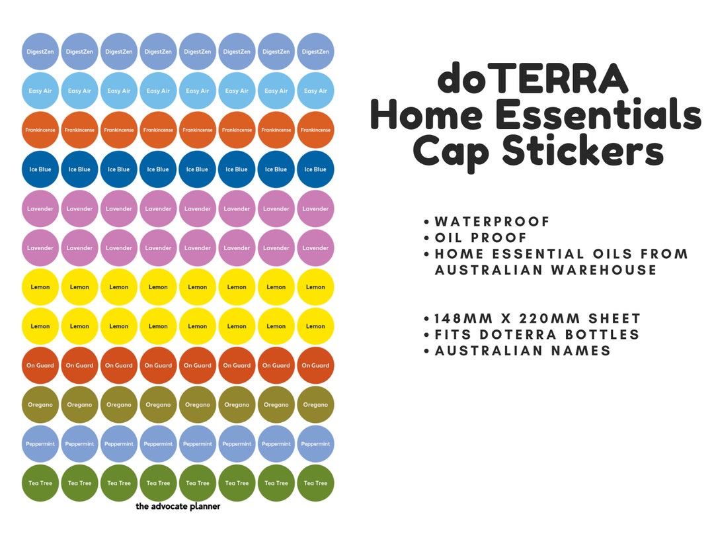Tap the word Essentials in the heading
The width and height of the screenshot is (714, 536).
(x=598, y=115)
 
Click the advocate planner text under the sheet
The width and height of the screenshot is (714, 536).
(x=178, y=506)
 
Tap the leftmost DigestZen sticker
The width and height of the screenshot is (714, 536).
(x=40, y=52)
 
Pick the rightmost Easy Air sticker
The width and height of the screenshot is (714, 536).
(x=315, y=91)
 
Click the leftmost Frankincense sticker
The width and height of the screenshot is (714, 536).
(x=40, y=130)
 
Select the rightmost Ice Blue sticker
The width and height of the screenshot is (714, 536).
(x=315, y=169)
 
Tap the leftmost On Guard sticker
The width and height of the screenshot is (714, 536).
(x=40, y=365)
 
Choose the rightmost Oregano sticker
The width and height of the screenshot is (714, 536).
(x=315, y=404)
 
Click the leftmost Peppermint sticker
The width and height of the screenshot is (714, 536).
(x=40, y=443)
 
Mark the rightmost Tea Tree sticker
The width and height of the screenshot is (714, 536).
(x=315, y=483)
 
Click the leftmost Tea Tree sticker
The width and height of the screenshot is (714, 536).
(x=40, y=483)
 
